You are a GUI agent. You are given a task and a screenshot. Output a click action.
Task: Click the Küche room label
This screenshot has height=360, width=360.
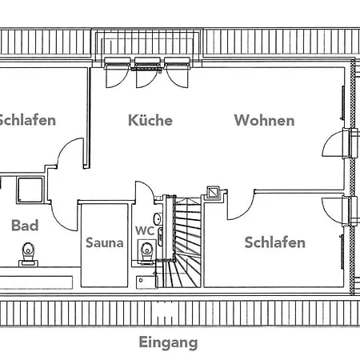click(x=150, y=120)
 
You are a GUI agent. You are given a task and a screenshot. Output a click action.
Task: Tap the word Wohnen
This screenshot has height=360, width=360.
click(x=264, y=120)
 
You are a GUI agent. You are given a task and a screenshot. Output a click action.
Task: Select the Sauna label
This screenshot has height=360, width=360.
click(x=105, y=242)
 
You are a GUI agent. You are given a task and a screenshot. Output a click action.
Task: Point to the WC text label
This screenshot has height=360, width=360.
click(x=145, y=230)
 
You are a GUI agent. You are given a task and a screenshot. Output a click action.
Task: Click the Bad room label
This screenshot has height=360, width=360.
click(x=25, y=226)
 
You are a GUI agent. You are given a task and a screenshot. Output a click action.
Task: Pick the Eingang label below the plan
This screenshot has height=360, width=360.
click(x=168, y=342)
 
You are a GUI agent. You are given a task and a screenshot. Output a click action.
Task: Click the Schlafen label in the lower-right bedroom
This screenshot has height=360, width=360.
click(x=275, y=242)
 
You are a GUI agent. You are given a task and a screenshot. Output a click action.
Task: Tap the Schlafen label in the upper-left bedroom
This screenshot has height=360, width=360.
click(x=26, y=120)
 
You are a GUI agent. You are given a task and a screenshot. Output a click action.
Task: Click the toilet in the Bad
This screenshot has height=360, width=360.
click(x=28, y=254)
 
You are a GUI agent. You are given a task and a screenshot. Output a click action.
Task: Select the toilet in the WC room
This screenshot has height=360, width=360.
click(x=146, y=252)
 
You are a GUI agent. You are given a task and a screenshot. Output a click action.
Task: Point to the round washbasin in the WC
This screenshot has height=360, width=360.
click(x=158, y=219)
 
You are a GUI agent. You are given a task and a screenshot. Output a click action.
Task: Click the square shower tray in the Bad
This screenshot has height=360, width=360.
click(x=30, y=190)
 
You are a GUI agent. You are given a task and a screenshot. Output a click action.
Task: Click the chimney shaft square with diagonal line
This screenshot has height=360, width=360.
click(x=214, y=192)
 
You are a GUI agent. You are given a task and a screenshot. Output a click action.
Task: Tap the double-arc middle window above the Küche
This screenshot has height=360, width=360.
click(x=146, y=78)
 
